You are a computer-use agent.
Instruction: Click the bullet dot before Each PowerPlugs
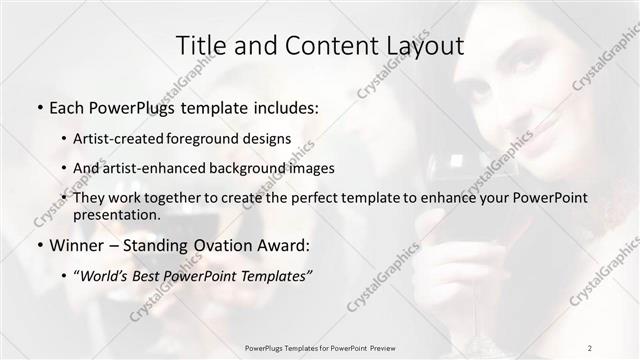[x=38, y=105]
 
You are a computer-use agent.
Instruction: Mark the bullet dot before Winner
[x=38, y=245]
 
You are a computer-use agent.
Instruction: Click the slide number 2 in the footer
[x=590, y=347]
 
